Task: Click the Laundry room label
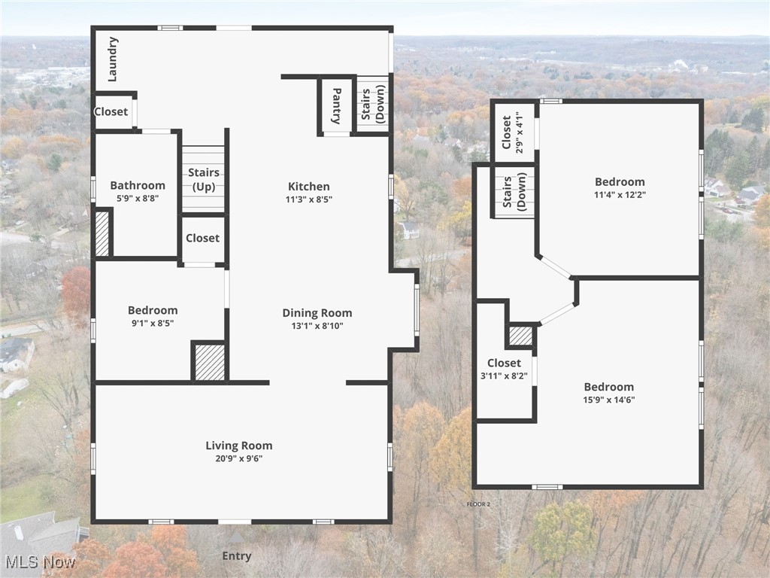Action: pyautogui.click(x=113, y=59)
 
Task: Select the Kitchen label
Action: pyautogui.click(x=308, y=187)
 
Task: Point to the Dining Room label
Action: pyautogui.click(x=317, y=313)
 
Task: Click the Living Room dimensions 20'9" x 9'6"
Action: pyautogui.click(x=239, y=458)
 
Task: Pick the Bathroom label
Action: pyautogui.click(x=138, y=185)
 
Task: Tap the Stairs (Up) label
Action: pyautogui.click(x=203, y=179)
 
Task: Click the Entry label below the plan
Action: pyautogui.click(x=236, y=556)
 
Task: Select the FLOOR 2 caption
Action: pyautogui.click(x=478, y=503)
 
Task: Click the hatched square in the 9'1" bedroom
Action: pyautogui.click(x=210, y=362)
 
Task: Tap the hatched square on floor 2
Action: pyautogui.click(x=520, y=335)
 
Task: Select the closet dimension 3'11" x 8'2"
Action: pyautogui.click(x=504, y=376)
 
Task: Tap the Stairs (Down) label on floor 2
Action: pyautogui.click(x=514, y=192)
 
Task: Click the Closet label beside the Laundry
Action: pyautogui.click(x=111, y=111)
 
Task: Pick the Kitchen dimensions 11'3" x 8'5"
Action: pyautogui.click(x=308, y=199)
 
